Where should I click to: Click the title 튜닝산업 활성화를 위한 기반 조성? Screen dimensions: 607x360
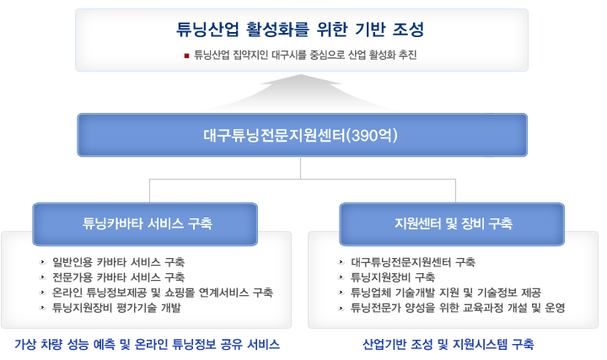[x=300, y=30]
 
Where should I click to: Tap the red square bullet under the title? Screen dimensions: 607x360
[x=186, y=56]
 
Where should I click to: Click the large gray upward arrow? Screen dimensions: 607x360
[x=301, y=91]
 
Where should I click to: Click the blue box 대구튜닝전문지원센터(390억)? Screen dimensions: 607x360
[x=303, y=135]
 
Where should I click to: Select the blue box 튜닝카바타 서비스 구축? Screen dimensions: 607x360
[x=145, y=224]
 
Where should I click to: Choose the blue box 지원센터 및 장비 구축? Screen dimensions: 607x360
[x=452, y=224]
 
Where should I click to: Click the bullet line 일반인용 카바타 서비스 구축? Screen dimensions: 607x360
[x=119, y=262]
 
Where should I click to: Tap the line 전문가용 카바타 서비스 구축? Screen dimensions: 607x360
[x=119, y=277]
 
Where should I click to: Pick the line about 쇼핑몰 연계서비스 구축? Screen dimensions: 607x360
[x=163, y=293]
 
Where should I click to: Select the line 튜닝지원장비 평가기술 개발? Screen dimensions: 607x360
[x=116, y=308]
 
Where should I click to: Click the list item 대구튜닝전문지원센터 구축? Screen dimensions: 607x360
[x=413, y=262]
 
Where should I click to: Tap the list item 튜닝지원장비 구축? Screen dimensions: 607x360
[x=393, y=277]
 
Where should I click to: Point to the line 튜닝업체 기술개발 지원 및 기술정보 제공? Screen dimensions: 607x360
[x=446, y=293]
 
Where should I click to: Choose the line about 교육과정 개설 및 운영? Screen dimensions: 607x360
[x=458, y=308]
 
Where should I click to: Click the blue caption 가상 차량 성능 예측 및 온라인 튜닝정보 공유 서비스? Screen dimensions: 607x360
[x=147, y=344]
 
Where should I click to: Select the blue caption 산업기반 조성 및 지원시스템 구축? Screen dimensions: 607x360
[x=449, y=344]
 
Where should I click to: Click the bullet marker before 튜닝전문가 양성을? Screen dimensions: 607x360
[x=341, y=308]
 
